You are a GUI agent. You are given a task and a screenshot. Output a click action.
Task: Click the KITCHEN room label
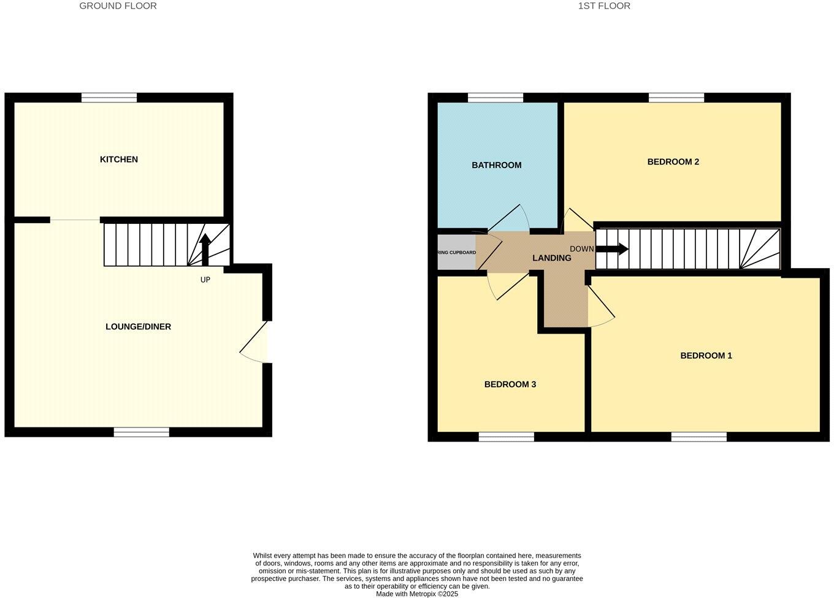tap(119, 159)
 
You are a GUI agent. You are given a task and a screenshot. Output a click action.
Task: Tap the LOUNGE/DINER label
tap(138, 327)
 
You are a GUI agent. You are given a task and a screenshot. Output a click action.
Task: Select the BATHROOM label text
tap(496, 165)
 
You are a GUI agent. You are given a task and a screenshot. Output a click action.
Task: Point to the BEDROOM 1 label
tap(706, 356)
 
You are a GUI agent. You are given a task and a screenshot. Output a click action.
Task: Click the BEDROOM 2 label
tap(673, 162)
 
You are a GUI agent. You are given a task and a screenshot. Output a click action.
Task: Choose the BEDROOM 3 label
tap(510, 385)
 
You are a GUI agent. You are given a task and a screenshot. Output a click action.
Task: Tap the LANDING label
tap(551, 258)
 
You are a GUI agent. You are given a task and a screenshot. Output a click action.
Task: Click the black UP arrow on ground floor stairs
tap(205, 249)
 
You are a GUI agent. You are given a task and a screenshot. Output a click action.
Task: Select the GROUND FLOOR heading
tap(118, 6)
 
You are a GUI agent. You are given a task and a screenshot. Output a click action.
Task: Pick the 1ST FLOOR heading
tap(604, 6)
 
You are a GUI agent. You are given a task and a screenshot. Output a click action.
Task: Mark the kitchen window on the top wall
tap(109, 98)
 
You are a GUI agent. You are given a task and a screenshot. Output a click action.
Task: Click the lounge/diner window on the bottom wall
tap(141, 432)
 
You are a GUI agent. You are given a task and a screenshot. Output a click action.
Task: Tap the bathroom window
tap(495, 98)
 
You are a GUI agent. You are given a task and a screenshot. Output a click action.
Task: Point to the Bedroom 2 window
tap(676, 98)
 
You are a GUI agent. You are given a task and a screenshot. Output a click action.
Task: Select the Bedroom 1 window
tap(698, 437)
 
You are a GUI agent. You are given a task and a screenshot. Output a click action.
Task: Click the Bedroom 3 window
tap(506, 437)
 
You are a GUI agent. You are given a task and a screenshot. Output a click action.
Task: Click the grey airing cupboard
tap(456, 252)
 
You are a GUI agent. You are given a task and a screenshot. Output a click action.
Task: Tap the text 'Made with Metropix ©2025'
tap(417, 594)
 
